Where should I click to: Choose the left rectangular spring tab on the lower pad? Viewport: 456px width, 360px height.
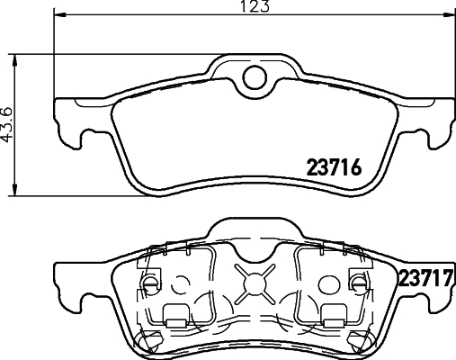point(175,314)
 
